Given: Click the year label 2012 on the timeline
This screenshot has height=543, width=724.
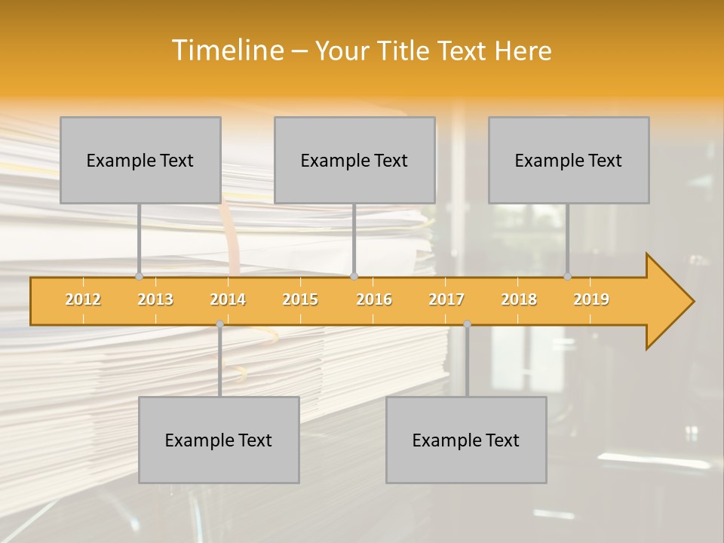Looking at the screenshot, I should click(83, 299).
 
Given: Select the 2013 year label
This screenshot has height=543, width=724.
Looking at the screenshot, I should click(155, 299).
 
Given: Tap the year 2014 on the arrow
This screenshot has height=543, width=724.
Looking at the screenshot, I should click(228, 299).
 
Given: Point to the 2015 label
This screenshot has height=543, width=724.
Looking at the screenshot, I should click(300, 299).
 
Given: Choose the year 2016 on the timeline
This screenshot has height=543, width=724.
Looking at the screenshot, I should click(374, 299).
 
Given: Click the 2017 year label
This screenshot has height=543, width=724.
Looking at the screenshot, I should click(446, 299).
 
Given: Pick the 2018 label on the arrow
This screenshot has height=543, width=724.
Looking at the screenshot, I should click(519, 299).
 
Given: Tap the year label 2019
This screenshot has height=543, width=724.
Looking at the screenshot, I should click(591, 299).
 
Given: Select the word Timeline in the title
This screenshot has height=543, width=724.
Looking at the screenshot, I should click(227, 51).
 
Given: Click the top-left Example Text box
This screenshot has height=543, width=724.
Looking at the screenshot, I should click(140, 160).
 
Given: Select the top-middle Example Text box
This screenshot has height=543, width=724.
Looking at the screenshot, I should click(354, 160).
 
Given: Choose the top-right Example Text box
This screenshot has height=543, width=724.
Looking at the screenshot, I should click(569, 160).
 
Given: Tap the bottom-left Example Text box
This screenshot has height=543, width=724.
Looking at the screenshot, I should click(219, 440).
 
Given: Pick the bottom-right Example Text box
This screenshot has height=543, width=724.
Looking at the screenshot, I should click(466, 440).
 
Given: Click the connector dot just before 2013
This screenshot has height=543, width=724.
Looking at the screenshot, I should click(139, 276).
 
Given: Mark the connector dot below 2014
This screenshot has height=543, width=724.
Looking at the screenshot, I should click(219, 324).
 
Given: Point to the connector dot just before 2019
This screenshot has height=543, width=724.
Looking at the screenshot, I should click(567, 276).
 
